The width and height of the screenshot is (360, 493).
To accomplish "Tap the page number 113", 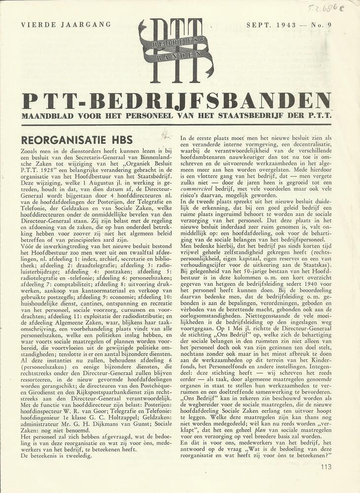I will [x=325, y=466].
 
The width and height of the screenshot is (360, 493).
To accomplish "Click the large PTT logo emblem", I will [x=176, y=50].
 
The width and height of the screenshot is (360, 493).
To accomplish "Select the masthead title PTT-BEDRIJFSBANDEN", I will [x=176, y=101].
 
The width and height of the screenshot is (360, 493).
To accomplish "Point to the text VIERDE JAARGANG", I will [x=66, y=24].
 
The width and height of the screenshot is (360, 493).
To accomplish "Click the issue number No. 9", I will [x=319, y=24].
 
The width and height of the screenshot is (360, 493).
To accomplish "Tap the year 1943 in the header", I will [x=286, y=24].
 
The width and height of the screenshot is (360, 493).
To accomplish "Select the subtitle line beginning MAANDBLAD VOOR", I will [x=176, y=116].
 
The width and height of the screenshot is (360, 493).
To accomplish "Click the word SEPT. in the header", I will [x=258, y=24].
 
